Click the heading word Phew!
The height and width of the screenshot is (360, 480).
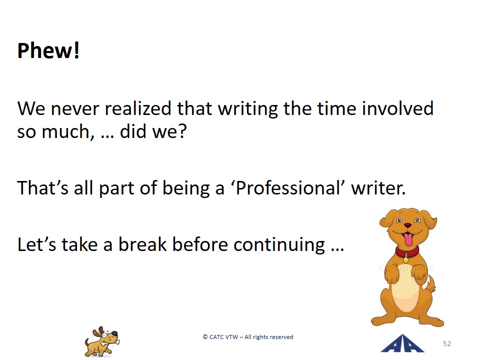[x=48, y=50]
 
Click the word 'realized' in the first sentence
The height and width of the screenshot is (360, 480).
[x=138, y=108]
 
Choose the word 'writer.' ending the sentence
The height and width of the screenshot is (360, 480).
[x=378, y=188]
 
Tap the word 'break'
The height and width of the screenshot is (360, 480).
[x=142, y=244]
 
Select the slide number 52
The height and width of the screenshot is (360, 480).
[x=447, y=343]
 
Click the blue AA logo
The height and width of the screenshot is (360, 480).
[x=402, y=343]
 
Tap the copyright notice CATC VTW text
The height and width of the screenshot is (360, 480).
[x=248, y=337]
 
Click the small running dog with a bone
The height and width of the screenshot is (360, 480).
[x=102, y=341]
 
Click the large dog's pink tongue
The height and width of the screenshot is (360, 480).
[x=408, y=239]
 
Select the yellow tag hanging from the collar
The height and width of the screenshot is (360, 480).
[x=406, y=260]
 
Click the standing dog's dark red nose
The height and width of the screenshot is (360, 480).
[x=408, y=225]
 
